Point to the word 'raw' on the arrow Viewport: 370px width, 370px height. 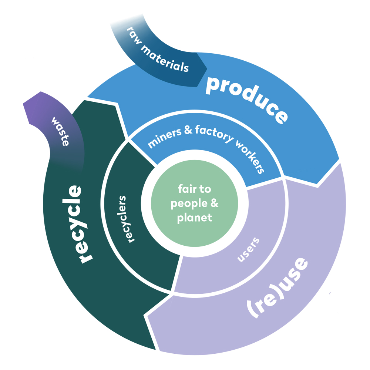[136, 35]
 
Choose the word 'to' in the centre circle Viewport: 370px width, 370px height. [205, 189]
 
